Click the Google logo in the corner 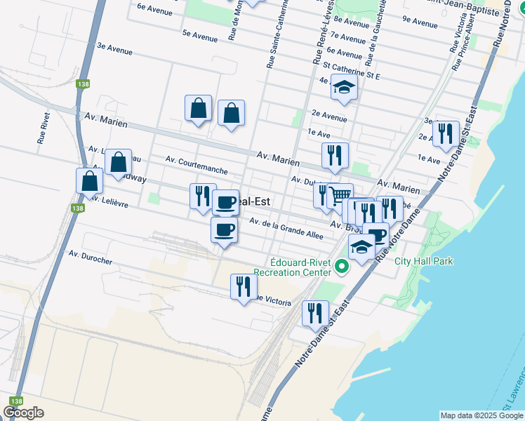point(24,413)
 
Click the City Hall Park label point(424,262)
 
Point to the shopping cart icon point(340,195)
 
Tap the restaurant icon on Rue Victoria point(244,286)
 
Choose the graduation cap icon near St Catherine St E point(344,87)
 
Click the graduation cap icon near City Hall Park point(361,247)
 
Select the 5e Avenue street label point(199,35)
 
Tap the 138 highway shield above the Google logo point(13,400)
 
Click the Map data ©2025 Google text point(481,415)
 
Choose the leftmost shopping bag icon point(90,180)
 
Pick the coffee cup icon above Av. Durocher point(224,229)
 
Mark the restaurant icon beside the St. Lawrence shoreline point(445,133)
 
